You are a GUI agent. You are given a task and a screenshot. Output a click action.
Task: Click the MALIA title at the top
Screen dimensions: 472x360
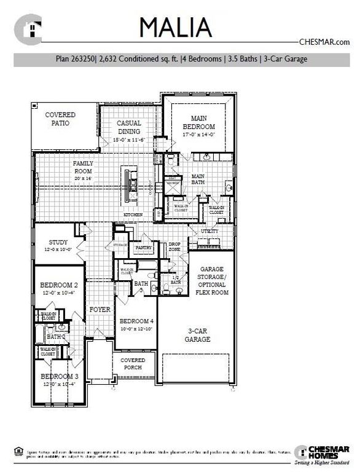pyautogui.click(x=176, y=27)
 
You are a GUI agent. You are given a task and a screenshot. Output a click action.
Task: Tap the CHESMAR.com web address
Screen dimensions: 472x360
pyautogui.click(x=324, y=42)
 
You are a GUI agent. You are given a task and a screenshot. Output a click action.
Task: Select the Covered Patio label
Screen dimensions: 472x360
pyautogui.click(x=60, y=119)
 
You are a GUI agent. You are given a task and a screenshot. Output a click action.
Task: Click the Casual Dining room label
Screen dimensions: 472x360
pyautogui.click(x=129, y=127)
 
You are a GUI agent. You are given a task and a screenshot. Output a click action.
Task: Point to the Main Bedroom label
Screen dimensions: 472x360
pyautogui.click(x=198, y=122)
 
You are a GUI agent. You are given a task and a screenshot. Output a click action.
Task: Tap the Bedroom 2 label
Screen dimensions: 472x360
pyautogui.click(x=58, y=288)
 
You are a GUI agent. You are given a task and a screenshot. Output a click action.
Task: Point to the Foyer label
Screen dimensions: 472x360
pyautogui.click(x=100, y=310)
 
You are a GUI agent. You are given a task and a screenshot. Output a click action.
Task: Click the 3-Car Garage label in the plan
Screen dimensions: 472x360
pyautogui.click(x=198, y=334)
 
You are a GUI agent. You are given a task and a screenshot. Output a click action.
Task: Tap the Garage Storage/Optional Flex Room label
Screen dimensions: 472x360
pyautogui.click(x=212, y=281)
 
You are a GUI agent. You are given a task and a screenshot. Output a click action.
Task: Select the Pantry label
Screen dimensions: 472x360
pyautogui.click(x=144, y=248)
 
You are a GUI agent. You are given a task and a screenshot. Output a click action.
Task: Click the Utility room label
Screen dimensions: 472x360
pyautogui.click(x=209, y=230)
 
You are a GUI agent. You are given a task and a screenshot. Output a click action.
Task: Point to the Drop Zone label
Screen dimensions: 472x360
pyautogui.click(x=174, y=246)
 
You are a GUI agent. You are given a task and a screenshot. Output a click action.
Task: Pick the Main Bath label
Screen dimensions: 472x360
pyautogui.click(x=198, y=179)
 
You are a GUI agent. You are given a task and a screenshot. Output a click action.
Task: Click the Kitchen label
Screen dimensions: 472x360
pyautogui.click(x=133, y=214)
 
